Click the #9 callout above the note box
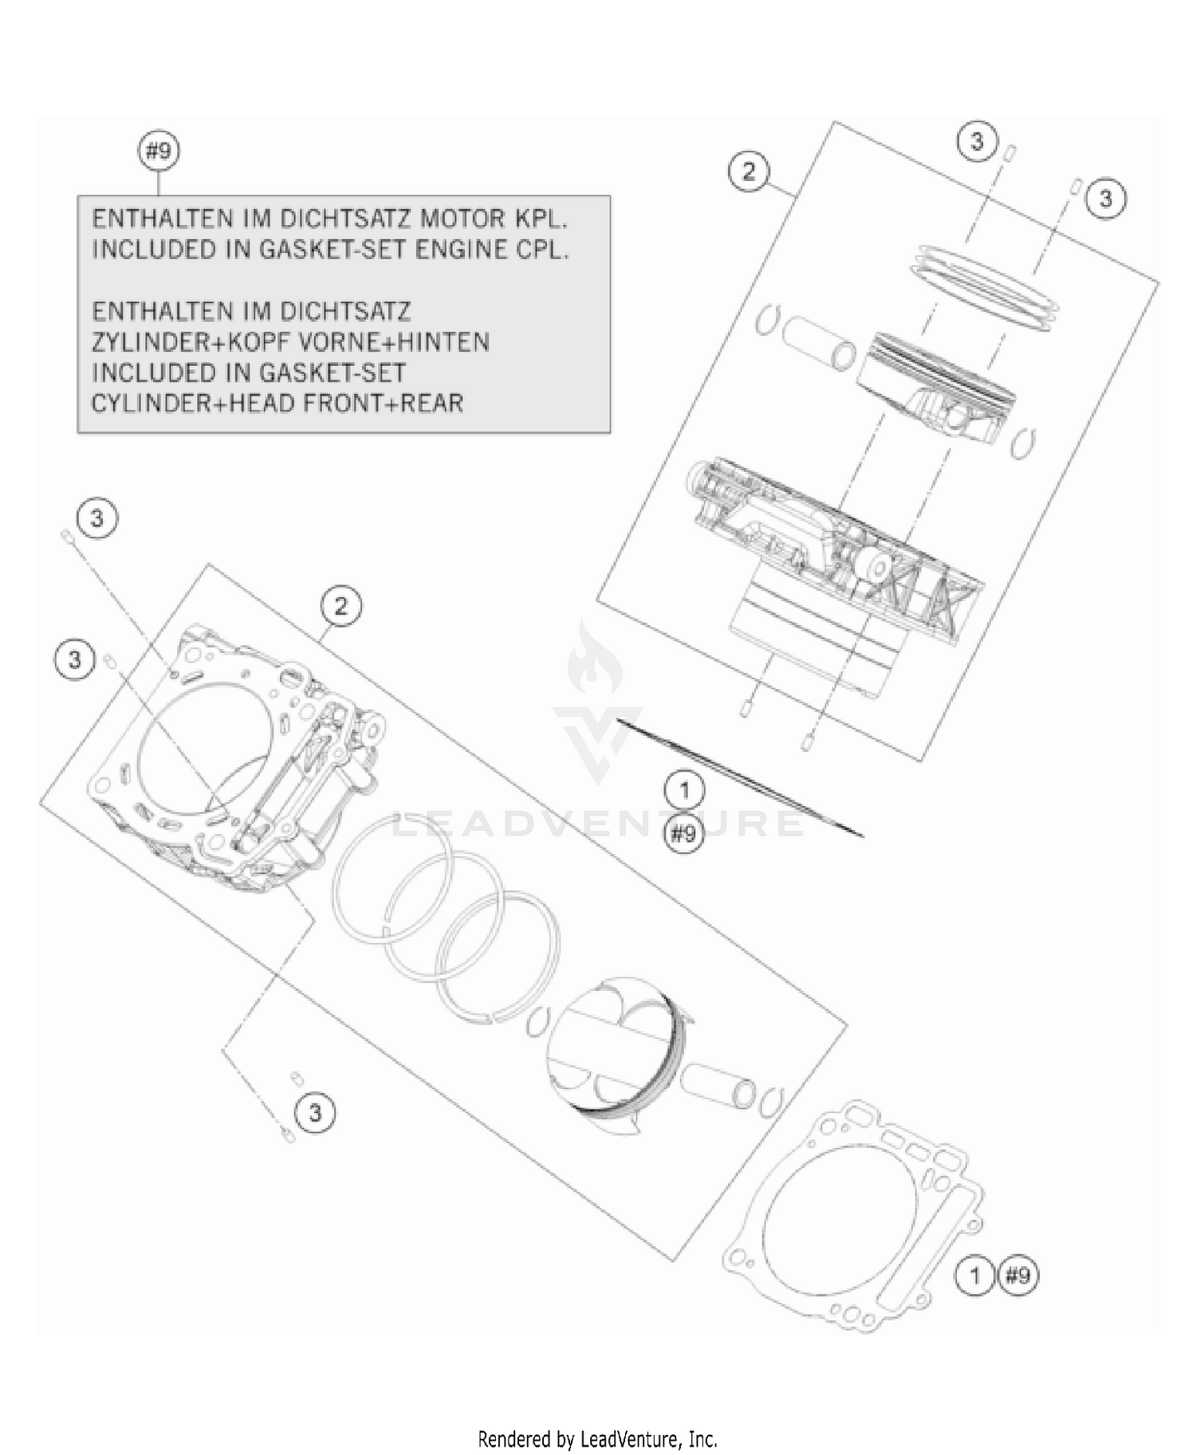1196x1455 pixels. point(159,151)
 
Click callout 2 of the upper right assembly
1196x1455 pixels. point(748,171)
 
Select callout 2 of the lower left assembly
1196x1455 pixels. point(341,606)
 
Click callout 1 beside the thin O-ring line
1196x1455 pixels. point(684,791)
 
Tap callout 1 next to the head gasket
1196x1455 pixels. point(974,1276)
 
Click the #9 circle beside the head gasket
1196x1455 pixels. point(1018,1276)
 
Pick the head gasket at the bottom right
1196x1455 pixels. point(853,1212)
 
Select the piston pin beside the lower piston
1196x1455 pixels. point(718,1084)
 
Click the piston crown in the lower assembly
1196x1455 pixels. point(614,1036)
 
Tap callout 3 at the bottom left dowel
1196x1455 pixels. point(314,1111)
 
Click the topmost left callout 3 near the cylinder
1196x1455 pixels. point(96,518)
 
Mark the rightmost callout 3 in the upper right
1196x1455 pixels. point(1105,199)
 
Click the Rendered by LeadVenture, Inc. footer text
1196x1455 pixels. point(597,1439)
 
